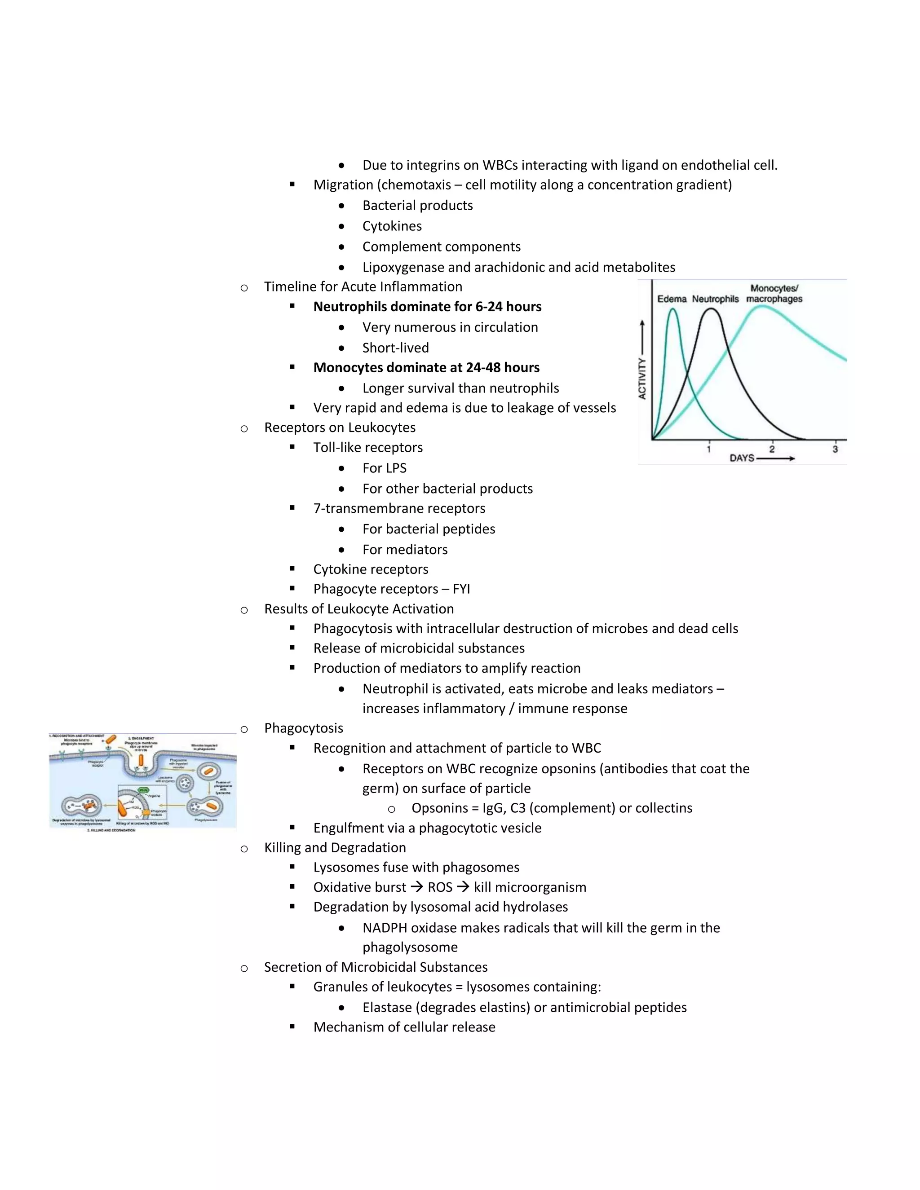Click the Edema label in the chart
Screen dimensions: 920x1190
point(672,299)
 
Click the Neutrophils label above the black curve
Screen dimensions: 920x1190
point(715,299)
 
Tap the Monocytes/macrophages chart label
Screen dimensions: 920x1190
point(774,293)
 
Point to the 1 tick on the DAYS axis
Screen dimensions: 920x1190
point(709,449)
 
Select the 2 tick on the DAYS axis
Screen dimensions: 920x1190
point(772,449)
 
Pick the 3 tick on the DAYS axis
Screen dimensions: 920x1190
point(835,449)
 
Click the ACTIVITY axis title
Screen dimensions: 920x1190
point(642,378)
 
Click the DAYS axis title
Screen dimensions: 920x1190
point(742,458)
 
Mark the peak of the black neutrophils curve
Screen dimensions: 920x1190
point(711,309)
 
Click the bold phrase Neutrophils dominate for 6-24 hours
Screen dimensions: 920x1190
point(427,307)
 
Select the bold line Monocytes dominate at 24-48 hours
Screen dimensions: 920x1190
point(426,368)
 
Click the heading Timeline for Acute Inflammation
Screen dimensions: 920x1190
point(363,286)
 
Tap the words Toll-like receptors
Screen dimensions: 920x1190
point(368,447)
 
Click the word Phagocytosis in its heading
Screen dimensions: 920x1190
point(304,728)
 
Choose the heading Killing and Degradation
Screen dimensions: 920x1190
point(335,847)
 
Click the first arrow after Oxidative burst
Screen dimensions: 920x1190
point(417,887)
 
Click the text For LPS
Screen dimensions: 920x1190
point(384,468)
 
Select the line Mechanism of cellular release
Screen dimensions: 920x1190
point(404,1027)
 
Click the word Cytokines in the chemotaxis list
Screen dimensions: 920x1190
point(392,226)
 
